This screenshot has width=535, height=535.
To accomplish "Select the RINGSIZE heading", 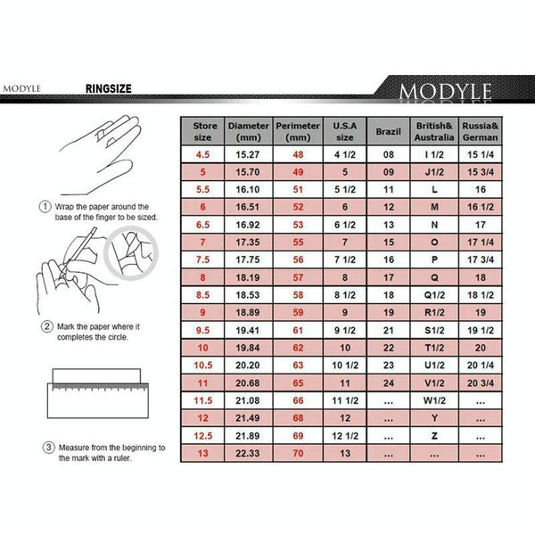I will (109, 89).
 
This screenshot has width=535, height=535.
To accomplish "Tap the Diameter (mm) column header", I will (248, 132).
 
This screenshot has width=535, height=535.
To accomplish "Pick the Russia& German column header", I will (481, 132).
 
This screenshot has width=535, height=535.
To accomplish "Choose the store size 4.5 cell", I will (203, 155).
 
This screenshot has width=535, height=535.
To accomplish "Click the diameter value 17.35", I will (248, 242).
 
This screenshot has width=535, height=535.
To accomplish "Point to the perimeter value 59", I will (298, 312).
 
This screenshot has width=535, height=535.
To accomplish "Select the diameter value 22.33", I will (248, 454).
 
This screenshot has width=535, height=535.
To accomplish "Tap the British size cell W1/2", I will (434, 401).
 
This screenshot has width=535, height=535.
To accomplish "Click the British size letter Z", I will (434, 436).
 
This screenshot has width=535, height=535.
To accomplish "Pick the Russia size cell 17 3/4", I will (481, 259).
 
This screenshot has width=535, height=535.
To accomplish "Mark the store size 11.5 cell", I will (203, 401).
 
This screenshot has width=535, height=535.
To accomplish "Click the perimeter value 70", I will (298, 454).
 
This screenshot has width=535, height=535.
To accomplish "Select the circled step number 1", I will (45, 207).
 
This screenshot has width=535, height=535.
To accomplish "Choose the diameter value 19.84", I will (248, 348).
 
